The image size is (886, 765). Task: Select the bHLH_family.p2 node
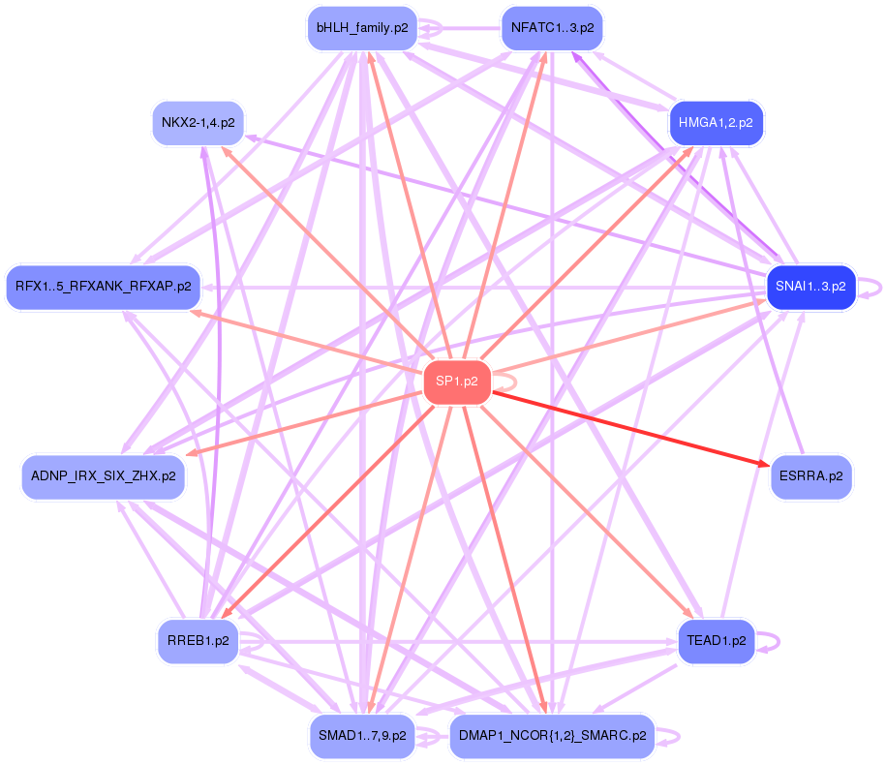(x=361, y=28)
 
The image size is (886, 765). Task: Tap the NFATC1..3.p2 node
(x=551, y=28)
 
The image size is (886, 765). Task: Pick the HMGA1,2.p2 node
(x=716, y=123)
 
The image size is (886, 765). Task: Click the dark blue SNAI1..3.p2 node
(x=810, y=287)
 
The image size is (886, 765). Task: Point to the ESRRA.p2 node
(x=810, y=476)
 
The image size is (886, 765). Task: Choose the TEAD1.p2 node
(x=716, y=641)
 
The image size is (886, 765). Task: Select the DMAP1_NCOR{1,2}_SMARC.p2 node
(x=551, y=736)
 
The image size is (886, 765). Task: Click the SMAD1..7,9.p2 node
(x=361, y=736)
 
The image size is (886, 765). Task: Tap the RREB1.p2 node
(x=198, y=641)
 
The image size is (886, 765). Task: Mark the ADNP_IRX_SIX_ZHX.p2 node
(x=103, y=476)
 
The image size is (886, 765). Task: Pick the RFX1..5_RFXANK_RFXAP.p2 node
(x=103, y=287)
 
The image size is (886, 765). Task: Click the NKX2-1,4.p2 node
(x=198, y=123)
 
